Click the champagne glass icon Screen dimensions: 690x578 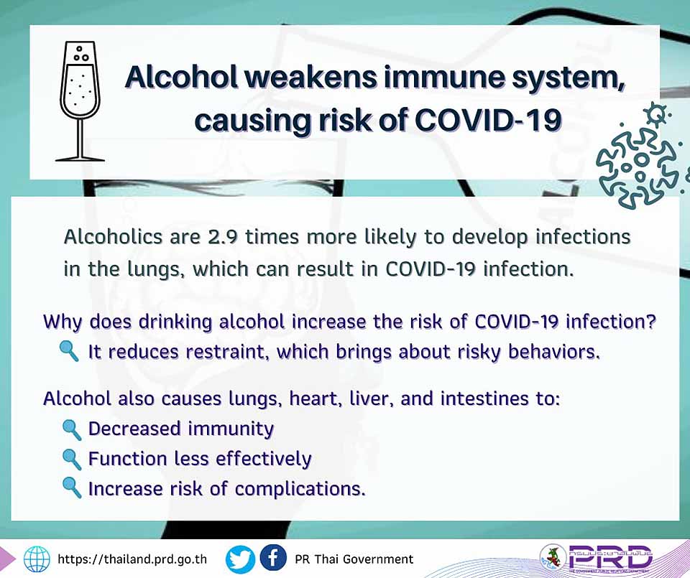[80, 101]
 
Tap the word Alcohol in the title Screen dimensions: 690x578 [181, 77]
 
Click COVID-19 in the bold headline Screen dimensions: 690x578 [488, 120]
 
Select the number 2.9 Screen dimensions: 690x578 [223, 237]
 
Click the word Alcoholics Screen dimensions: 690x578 [113, 237]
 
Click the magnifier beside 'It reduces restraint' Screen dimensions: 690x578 [69, 352]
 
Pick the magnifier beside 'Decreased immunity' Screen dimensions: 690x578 [72, 429]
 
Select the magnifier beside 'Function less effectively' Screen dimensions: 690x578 [72, 460]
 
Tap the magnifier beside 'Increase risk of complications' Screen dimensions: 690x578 [72, 488]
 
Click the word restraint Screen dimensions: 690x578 [228, 352]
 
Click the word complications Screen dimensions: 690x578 [300, 489]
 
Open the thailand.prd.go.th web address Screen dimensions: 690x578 [132, 559]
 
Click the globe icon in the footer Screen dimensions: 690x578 [37, 559]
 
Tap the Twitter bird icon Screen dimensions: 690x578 [240, 559]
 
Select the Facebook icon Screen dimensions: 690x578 [273, 558]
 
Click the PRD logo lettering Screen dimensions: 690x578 [610, 556]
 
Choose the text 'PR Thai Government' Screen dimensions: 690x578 [354, 559]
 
